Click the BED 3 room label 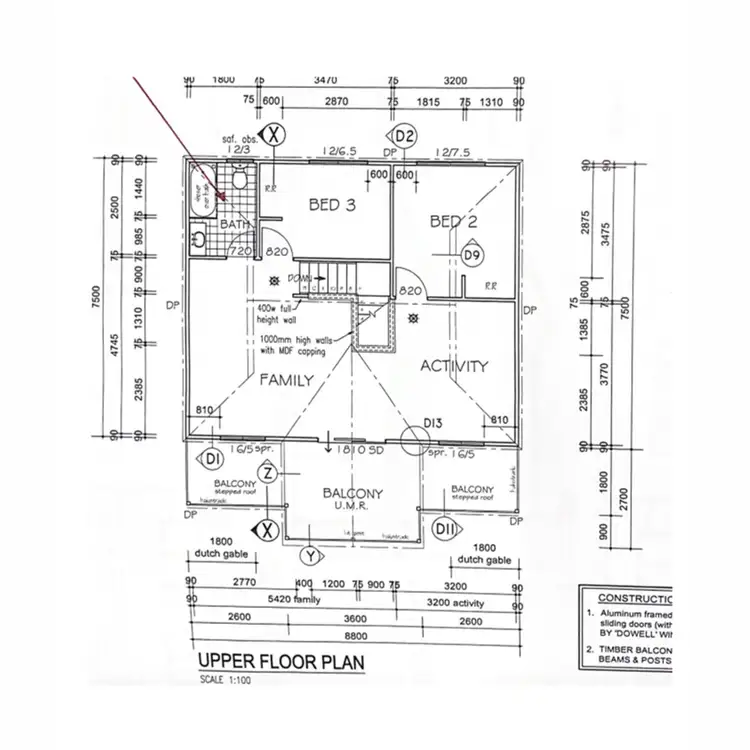(x=332, y=204)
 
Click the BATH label (x=234, y=225)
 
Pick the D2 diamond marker (x=404, y=135)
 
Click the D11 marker (x=445, y=528)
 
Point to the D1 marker (x=211, y=460)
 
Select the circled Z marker (x=267, y=473)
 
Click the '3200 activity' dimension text (x=455, y=603)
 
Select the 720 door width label (x=240, y=251)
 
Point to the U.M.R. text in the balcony (x=351, y=508)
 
